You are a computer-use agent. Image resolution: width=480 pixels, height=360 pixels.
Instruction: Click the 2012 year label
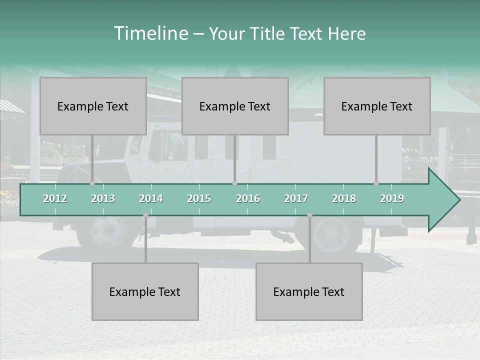click(x=55, y=198)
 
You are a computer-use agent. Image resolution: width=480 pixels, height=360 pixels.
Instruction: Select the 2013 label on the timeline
click(x=103, y=198)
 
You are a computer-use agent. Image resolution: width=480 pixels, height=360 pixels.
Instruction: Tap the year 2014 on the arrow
click(x=151, y=198)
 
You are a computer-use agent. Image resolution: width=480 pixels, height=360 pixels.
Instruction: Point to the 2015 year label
click(x=199, y=198)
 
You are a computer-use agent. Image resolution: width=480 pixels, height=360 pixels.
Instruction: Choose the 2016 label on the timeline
click(x=248, y=198)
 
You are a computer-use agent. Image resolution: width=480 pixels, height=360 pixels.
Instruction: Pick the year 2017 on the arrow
click(x=296, y=198)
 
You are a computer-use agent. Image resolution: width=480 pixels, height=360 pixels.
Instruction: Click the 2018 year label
click(x=344, y=198)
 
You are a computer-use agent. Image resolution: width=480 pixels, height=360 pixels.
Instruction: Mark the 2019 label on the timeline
click(x=392, y=198)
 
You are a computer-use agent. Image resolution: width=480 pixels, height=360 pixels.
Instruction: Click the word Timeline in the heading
click(x=150, y=33)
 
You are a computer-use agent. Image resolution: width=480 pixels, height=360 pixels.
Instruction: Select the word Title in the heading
click(x=268, y=34)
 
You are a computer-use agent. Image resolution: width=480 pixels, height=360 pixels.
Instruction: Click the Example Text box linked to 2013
click(x=93, y=106)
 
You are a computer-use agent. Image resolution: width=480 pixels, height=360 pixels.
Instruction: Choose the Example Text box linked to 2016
click(x=235, y=106)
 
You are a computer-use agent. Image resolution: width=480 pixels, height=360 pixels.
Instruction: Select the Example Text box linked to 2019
click(x=377, y=106)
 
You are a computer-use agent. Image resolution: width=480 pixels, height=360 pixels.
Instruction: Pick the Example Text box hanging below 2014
click(x=145, y=291)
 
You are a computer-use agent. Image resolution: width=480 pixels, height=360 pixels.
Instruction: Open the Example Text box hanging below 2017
click(x=309, y=291)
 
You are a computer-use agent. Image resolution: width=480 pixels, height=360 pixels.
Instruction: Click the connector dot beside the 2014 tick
click(x=145, y=215)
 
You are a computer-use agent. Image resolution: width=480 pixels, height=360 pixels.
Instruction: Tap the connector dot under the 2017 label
click(x=309, y=215)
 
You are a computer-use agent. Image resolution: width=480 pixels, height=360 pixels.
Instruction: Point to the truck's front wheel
click(x=107, y=231)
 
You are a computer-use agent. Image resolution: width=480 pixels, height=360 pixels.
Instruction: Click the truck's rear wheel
click(x=330, y=233)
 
